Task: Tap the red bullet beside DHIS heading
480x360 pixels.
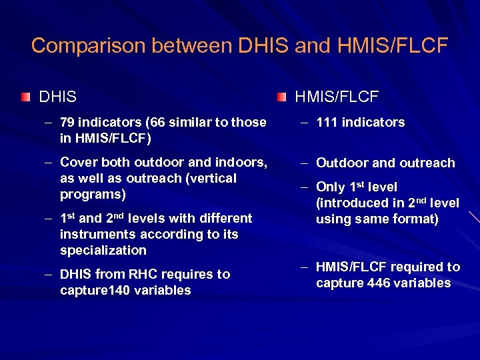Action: (x=25, y=97)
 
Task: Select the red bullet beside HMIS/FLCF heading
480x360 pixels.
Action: (x=281, y=97)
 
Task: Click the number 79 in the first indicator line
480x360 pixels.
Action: (x=67, y=122)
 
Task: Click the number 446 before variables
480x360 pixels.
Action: (x=379, y=283)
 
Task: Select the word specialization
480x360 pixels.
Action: (x=103, y=250)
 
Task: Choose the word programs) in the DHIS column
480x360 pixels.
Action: (x=91, y=194)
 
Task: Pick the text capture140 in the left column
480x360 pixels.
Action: (x=93, y=290)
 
